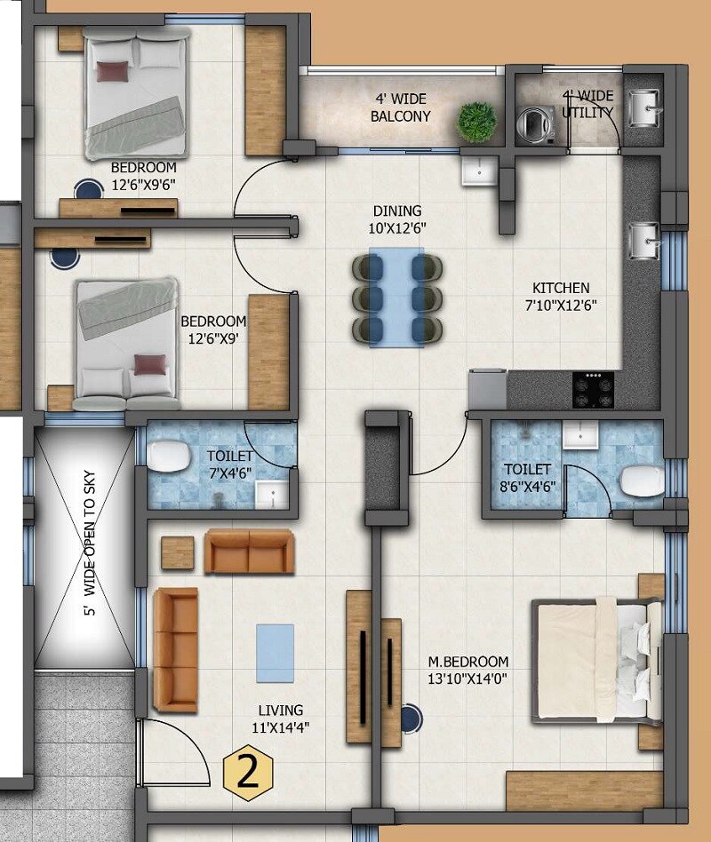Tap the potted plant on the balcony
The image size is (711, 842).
pos(476,119)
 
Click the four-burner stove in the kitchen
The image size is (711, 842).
pos(593,388)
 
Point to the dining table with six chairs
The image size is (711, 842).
pos(395,298)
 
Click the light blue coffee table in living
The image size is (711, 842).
pos(275,652)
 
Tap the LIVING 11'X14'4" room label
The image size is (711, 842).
pos(281,719)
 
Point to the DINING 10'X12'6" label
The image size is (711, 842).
pos(397,218)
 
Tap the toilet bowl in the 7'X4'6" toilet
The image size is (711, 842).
pos(167,457)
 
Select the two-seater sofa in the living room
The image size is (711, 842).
pos(249,552)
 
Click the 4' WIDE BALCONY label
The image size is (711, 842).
pos(400,108)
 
